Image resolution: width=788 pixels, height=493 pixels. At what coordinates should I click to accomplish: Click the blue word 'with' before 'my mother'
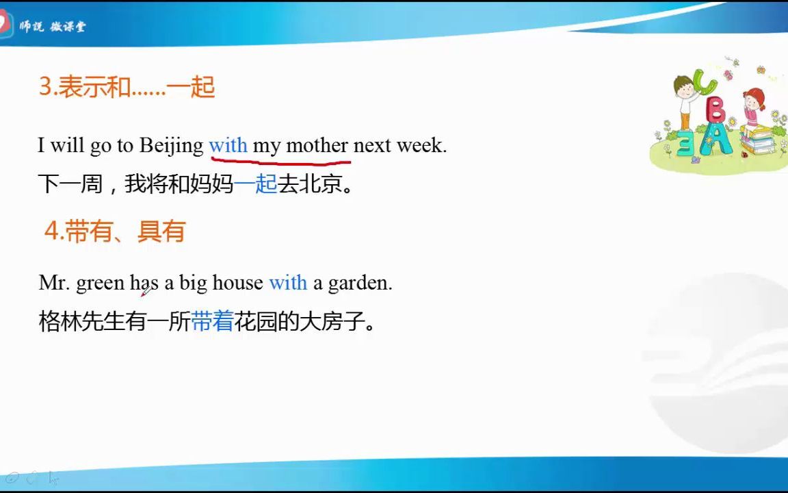pos(228,145)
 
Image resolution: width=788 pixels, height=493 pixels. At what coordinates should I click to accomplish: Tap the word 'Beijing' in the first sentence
pos(172,146)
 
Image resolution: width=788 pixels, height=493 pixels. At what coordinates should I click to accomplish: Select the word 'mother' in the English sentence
pos(317,145)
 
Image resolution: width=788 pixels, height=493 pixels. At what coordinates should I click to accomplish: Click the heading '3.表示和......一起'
pos(127,87)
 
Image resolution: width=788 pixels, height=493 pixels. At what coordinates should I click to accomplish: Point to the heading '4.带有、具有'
pos(115,231)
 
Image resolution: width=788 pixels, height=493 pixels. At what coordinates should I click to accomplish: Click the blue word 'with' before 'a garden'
pos(288,282)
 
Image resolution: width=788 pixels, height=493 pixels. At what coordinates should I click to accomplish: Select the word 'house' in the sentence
pos(237,282)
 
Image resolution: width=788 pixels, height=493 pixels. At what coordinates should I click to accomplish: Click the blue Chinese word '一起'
pos(256,184)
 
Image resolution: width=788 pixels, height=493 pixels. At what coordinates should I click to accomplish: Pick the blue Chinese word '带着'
pos(213,321)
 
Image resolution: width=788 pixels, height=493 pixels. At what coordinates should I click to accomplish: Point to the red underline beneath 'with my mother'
pos(280,162)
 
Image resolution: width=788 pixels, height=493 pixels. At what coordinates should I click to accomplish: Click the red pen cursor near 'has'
pos(146,292)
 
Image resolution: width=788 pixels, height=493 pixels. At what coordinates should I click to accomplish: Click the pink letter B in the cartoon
pos(716,111)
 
